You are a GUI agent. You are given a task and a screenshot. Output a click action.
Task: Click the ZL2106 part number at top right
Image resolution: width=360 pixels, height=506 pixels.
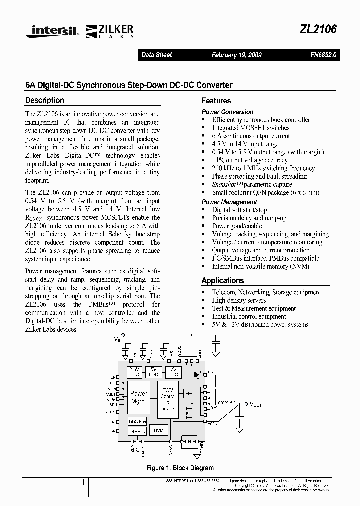click(x=318, y=29)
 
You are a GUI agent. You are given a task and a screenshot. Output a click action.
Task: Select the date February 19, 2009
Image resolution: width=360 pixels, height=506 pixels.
click(x=236, y=55)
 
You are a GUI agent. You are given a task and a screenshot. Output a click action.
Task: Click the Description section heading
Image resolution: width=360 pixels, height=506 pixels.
click(x=45, y=100)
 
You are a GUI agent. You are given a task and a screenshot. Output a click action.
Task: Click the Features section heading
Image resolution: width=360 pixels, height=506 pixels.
click(x=216, y=101)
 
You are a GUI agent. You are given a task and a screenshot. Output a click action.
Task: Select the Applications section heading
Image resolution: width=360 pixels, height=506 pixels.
click(x=223, y=281)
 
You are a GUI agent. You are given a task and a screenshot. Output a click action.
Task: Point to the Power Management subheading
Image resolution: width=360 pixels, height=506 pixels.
click(x=229, y=202)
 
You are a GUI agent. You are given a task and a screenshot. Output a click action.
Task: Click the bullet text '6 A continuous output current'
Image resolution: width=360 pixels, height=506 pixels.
click(x=251, y=136)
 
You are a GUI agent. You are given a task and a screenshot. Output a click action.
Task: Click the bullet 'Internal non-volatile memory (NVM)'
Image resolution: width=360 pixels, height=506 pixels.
click(x=260, y=266)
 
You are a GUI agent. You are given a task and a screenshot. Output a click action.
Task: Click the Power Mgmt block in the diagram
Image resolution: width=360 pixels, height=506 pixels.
click(x=138, y=397)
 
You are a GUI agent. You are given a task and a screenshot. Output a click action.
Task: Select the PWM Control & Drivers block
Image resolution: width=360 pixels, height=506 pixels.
click(x=168, y=399)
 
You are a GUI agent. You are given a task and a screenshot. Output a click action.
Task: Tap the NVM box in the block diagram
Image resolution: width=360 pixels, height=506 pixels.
click(x=157, y=429)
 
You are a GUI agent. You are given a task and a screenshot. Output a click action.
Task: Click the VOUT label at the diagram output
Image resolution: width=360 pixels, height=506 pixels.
click(x=255, y=404)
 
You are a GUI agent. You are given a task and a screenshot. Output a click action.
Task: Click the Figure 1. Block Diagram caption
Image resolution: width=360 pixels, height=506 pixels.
click(x=179, y=468)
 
